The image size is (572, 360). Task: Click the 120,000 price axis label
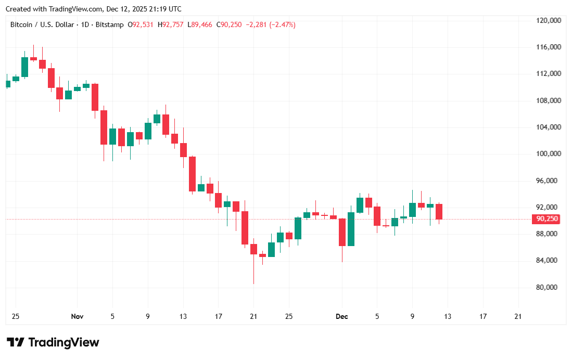(548, 21)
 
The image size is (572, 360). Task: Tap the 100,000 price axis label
(548, 154)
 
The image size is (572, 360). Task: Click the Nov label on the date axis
(77, 316)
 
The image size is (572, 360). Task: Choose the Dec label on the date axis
(342, 316)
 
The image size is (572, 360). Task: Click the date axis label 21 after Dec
(518, 316)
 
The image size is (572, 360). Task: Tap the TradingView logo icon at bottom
(16, 342)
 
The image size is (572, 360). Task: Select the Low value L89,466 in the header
(200, 24)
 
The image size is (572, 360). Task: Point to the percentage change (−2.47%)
(282, 24)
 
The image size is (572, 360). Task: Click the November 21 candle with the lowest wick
(253, 248)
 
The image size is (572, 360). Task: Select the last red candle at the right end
(439, 211)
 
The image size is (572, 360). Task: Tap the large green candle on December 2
(351, 229)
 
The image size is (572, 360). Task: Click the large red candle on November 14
(192, 174)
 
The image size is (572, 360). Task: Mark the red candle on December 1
(342, 232)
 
